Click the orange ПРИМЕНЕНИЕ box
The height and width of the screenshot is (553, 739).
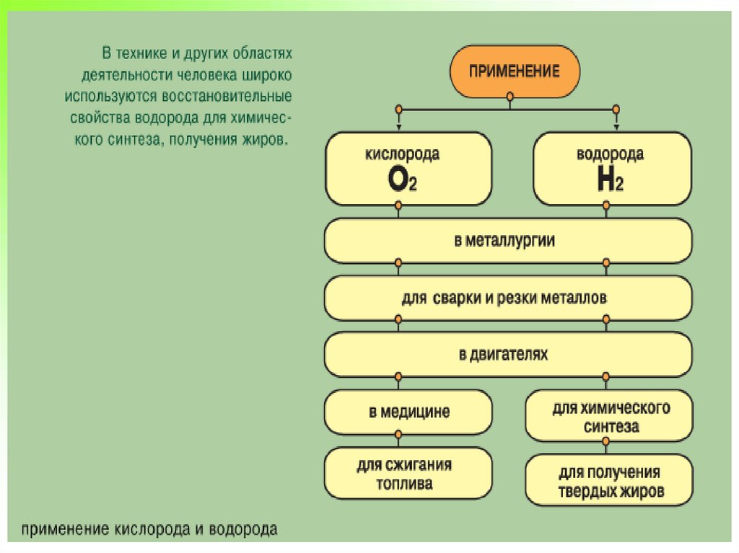coord(514,71)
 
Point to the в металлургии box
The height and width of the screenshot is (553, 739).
coord(507,241)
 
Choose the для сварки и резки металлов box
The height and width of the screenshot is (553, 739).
coord(507,298)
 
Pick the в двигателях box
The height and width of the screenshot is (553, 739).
coord(507,355)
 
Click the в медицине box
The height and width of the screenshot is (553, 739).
coord(408,412)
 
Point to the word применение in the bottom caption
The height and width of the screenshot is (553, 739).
coord(65,530)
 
